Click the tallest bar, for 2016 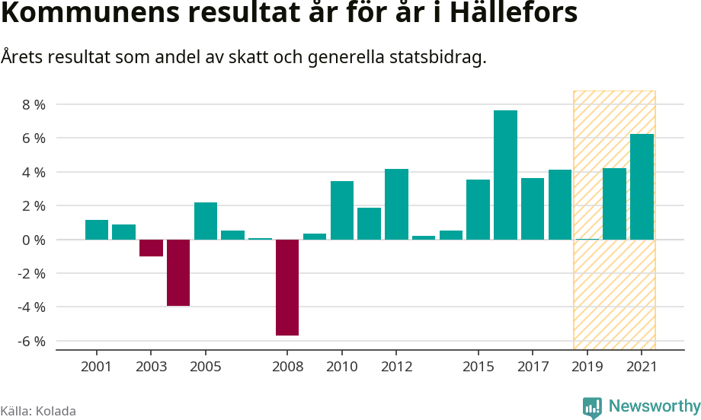pyautogui.click(x=505, y=175)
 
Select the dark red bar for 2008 pyautogui.click(x=287, y=287)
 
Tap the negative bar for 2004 pyautogui.click(x=178, y=272)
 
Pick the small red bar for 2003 pyautogui.click(x=151, y=248)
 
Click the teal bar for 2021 pyautogui.click(x=642, y=186)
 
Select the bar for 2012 pyautogui.click(x=396, y=204)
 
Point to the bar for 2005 pyautogui.click(x=206, y=221)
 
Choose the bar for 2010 pyautogui.click(x=342, y=210)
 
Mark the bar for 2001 pyautogui.click(x=97, y=230)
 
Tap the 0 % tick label pyautogui.click(x=34, y=240)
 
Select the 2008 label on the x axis pyautogui.click(x=287, y=367)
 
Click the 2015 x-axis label pyautogui.click(x=478, y=367)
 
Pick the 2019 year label pyautogui.click(x=587, y=367)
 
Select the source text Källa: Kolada pyautogui.click(x=38, y=411)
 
